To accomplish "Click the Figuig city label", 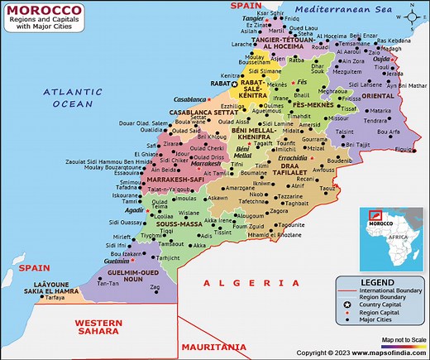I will tap(405, 149).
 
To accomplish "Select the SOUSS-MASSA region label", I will tap(177, 223).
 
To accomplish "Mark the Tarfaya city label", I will tap(55, 297).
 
